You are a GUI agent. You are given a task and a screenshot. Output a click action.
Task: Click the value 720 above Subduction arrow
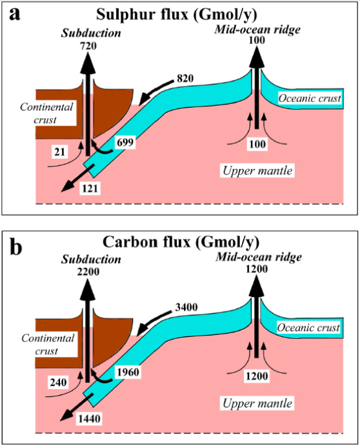coord(88,46)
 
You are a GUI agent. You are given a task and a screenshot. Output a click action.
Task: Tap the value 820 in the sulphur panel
coord(185,78)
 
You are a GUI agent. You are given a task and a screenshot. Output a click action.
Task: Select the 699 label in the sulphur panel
coord(125,142)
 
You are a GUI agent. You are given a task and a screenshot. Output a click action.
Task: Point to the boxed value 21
coord(60,152)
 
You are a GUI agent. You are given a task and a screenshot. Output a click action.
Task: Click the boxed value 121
coord(90,188)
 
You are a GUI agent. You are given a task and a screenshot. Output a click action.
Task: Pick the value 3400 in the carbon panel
coord(186,307)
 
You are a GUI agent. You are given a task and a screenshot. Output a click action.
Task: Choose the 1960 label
coord(128,372)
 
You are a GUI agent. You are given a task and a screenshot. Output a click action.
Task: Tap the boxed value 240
coord(58,382)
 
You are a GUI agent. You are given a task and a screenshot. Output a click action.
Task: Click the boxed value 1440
coord(89,419)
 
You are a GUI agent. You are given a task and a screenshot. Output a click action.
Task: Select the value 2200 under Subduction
coord(88,272)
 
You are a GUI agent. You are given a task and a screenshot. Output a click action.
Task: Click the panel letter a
coord(15,14)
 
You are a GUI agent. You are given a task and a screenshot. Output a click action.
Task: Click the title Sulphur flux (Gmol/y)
coord(176,14)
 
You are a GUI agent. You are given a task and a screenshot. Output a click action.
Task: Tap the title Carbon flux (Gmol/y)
coord(181,242)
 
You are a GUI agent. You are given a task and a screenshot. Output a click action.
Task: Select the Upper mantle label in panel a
coord(257,170)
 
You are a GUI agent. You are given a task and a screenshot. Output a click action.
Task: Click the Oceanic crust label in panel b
coord(308,328)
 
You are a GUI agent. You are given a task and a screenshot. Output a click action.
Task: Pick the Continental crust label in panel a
coord(46,113)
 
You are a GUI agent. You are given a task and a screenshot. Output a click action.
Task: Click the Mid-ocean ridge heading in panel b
coord(259,257)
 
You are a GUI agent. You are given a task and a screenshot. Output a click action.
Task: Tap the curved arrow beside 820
coord(156,92)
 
